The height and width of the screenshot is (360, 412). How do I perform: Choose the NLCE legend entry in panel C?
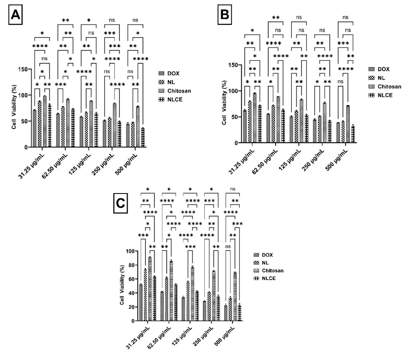pos(271,278)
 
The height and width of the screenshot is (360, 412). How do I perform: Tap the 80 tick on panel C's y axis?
pos(129,265)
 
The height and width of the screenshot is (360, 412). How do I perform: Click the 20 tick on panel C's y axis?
pos(129,307)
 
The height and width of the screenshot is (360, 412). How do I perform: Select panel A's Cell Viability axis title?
pos(14,108)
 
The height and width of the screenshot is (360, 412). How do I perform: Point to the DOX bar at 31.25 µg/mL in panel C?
pos(141,302)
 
